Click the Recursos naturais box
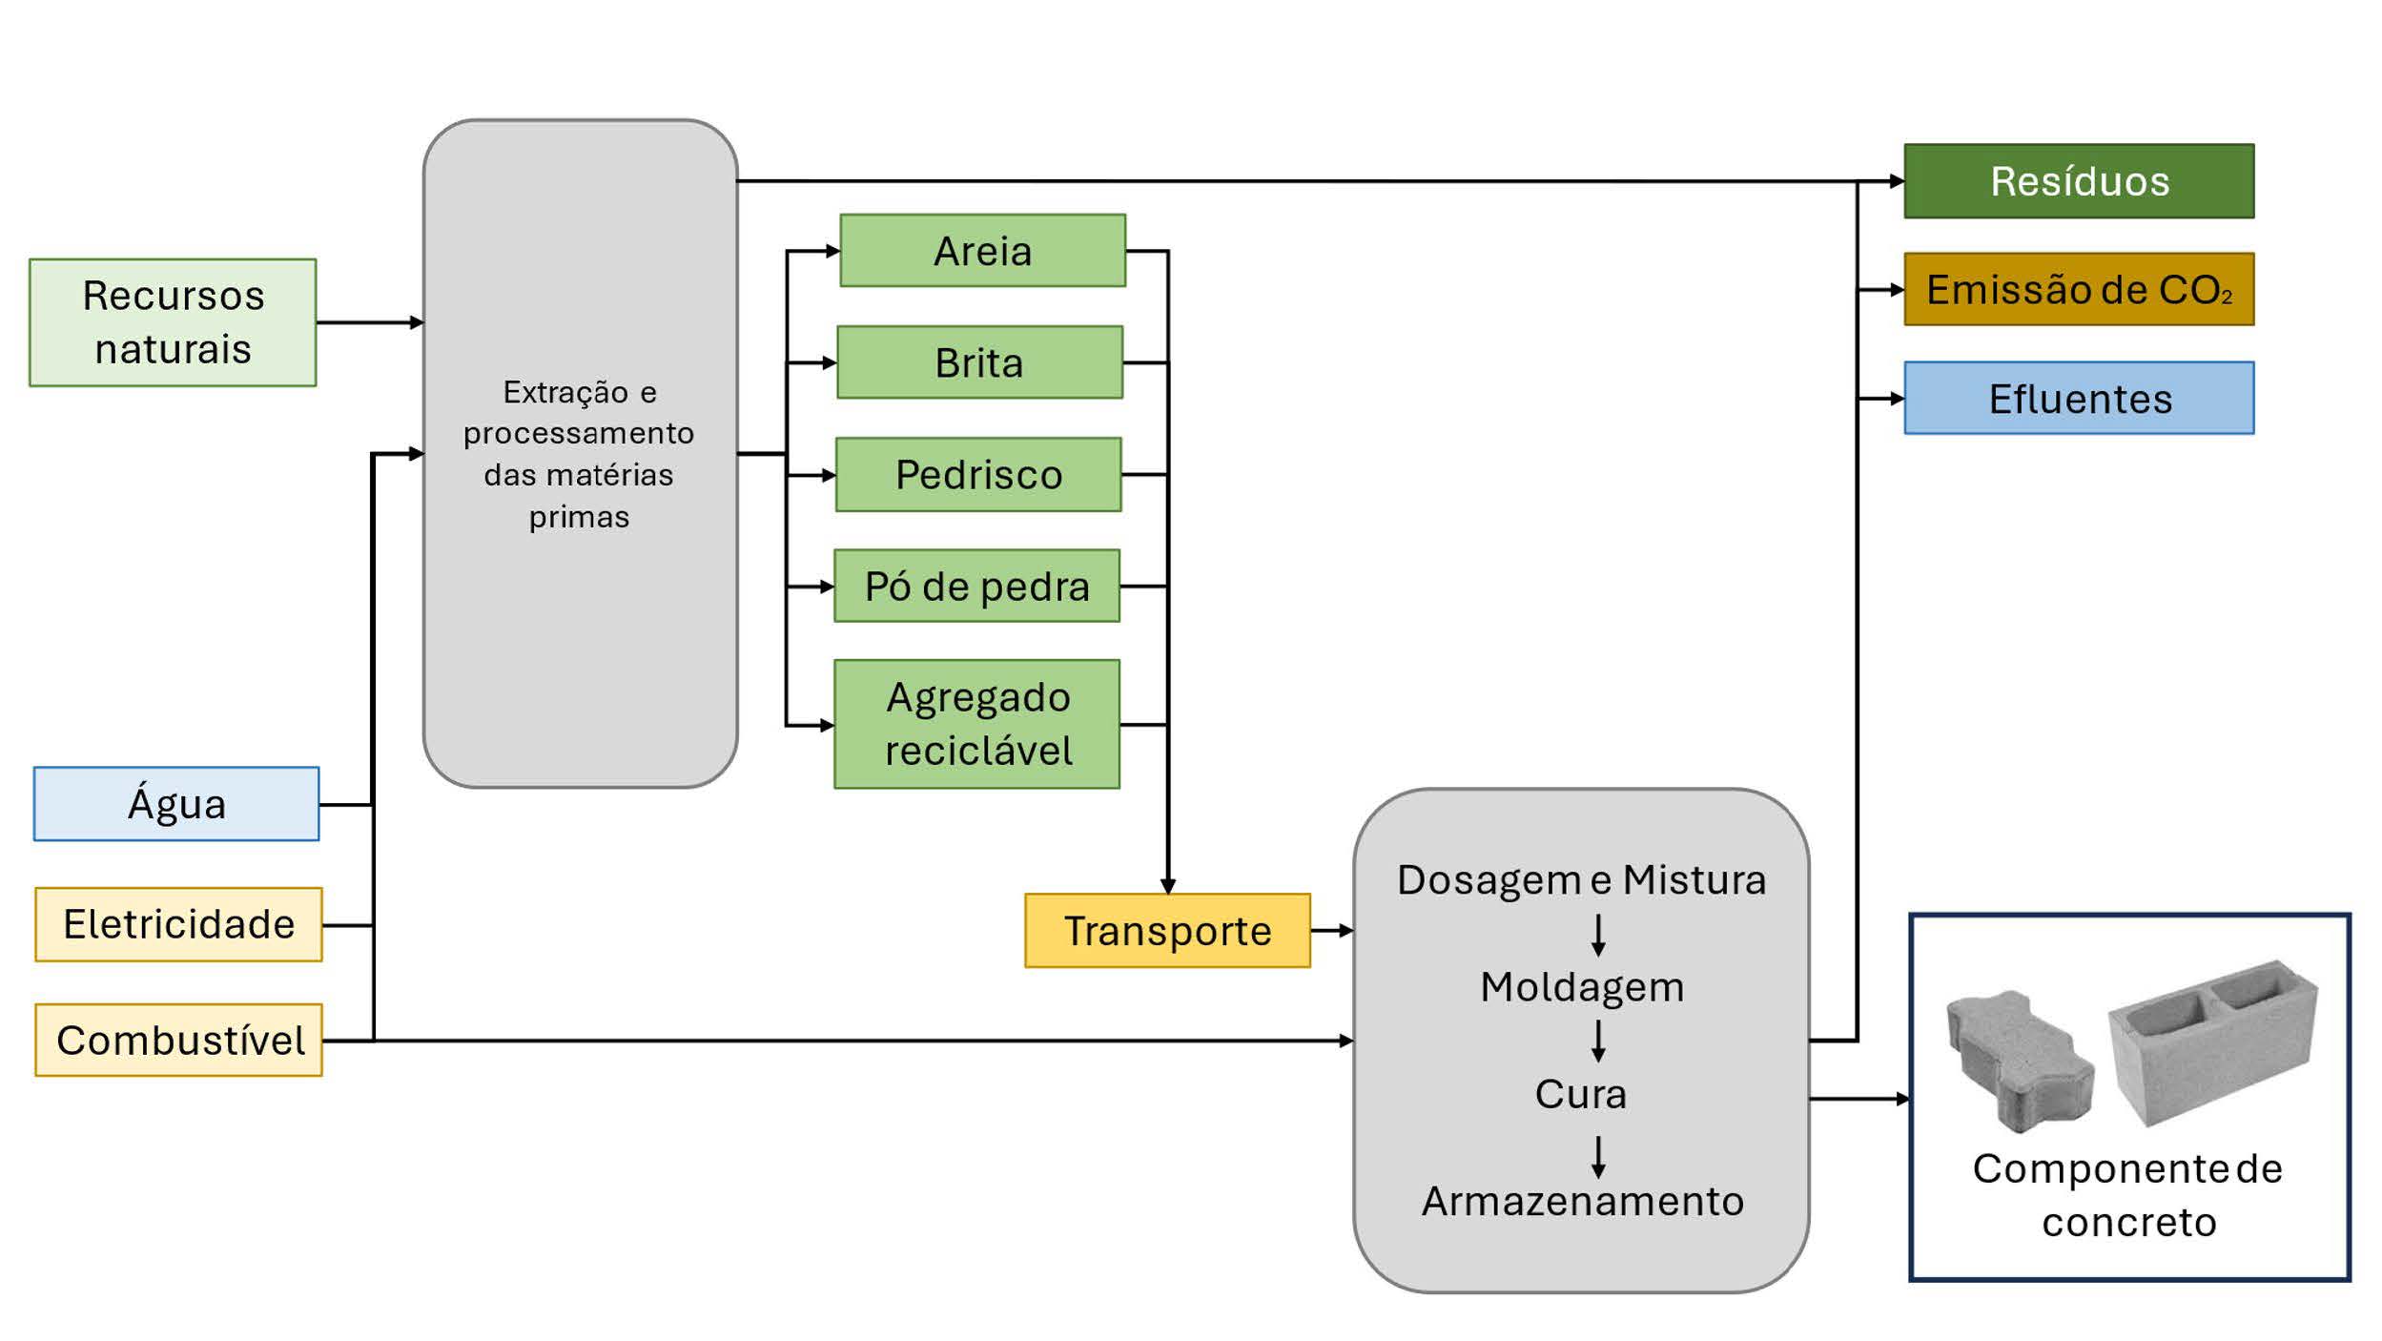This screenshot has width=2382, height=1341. [x=173, y=322]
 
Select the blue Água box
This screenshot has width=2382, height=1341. [x=176, y=804]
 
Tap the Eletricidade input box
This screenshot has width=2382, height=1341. [x=178, y=924]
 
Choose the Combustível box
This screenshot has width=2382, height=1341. [x=178, y=1040]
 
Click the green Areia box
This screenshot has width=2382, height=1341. [x=982, y=251]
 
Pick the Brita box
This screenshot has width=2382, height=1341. [x=979, y=362]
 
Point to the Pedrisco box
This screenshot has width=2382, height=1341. [x=978, y=474]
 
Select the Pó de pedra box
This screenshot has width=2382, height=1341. [x=976, y=586]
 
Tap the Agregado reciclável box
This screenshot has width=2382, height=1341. [x=976, y=724]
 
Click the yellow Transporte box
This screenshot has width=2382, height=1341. [x=1167, y=931]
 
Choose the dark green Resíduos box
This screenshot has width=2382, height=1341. [x=2079, y=181]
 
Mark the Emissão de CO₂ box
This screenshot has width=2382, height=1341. [x=2079, y=289]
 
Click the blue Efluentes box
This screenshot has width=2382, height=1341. [x=2079, y=398]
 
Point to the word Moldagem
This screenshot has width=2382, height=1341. [x=1582, y=987]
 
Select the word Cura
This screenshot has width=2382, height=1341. [x=1580, y=1094]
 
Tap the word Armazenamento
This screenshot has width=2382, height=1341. [x=1582, y=1201]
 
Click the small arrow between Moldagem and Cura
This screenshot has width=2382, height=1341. [x=1598, y=1041]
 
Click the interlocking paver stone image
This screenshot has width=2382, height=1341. [x=2018, y=1059]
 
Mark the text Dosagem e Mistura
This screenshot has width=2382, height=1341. [x=1581, y=879]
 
